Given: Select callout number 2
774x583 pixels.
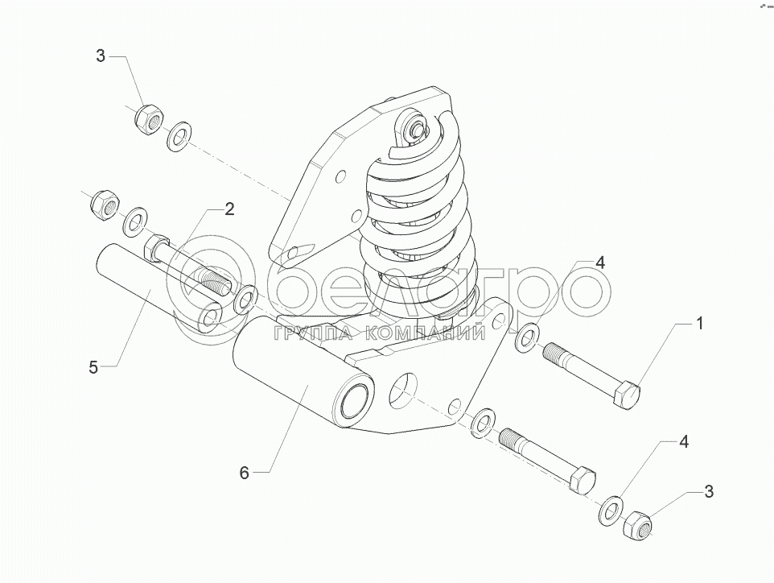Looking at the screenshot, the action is [229, 210].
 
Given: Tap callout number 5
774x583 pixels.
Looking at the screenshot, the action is [93, 367].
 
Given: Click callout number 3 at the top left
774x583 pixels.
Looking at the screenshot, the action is [101, 56].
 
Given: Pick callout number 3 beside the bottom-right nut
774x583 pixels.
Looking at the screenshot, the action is [708, 491].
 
